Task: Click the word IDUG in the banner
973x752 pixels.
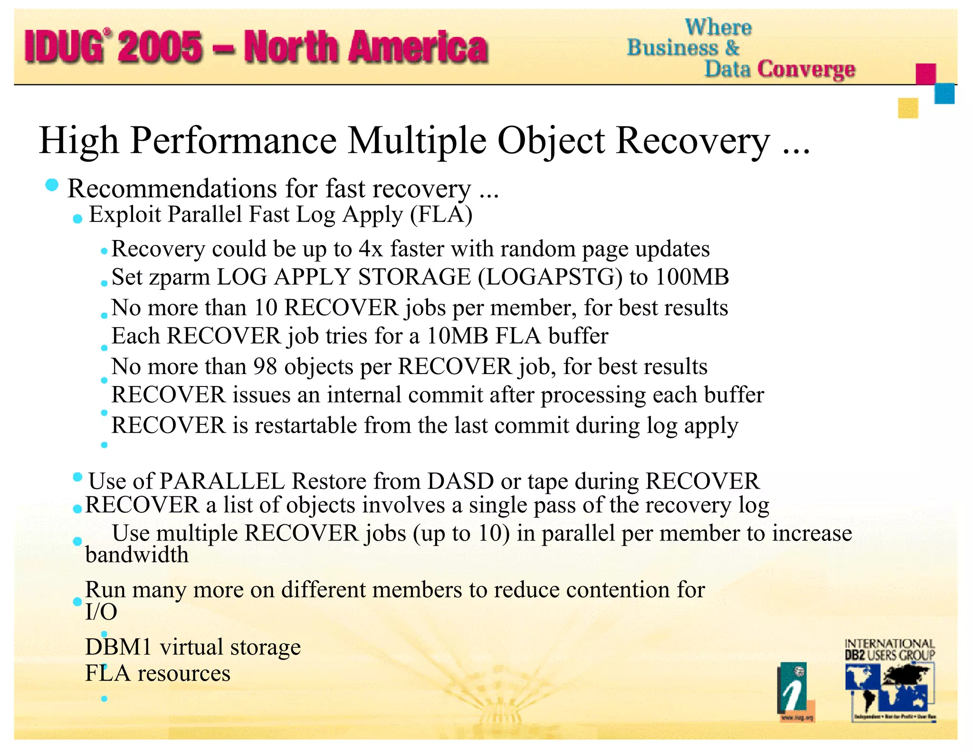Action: click(x=64, y=47)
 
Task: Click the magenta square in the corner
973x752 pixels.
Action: click(x=925, y=74)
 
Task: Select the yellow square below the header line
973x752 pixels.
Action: click(x=908, y=108)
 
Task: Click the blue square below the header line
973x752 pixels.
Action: click(x=944, y=93)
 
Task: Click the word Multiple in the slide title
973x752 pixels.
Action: click(x=417, y=141)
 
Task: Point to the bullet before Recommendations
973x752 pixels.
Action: click(x=52, y=185)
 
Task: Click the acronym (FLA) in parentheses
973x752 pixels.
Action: click(x=441, y=214)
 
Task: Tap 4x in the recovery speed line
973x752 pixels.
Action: click(x=371, y=249)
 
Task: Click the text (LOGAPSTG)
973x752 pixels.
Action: click(x=550, y=277)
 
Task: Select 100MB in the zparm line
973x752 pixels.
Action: click(x=692, y=277)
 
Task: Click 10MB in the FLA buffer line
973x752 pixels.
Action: click(x=458, y=336)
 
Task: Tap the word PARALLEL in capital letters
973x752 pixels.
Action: click(x=222, y=481)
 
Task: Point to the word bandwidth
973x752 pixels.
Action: click(x=137, y=555)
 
